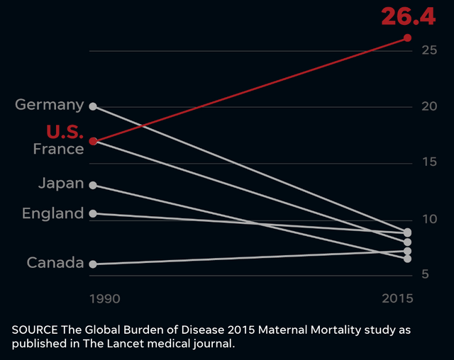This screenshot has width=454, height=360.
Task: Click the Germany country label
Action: coord(50,105)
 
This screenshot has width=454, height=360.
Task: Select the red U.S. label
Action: coord(65,132)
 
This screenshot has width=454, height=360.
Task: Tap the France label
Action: coord(58,149)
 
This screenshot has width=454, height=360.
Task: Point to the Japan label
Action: coord(61,184)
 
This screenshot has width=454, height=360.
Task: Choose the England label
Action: coord(53,213)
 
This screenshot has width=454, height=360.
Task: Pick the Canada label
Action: coord(55,263)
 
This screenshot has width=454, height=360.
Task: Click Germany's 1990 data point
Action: coord(93,106)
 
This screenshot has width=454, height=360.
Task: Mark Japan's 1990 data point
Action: coord(93,185)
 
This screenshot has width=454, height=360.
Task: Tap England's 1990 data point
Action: coord(93,213)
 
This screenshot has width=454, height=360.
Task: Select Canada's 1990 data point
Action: coord(93,264)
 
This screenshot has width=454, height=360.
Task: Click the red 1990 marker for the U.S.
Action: coord(93,141)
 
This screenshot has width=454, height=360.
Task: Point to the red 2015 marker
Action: coord(407,38)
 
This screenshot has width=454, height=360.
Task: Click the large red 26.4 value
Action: coord(408,16)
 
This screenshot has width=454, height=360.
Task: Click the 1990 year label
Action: coord(105,298)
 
